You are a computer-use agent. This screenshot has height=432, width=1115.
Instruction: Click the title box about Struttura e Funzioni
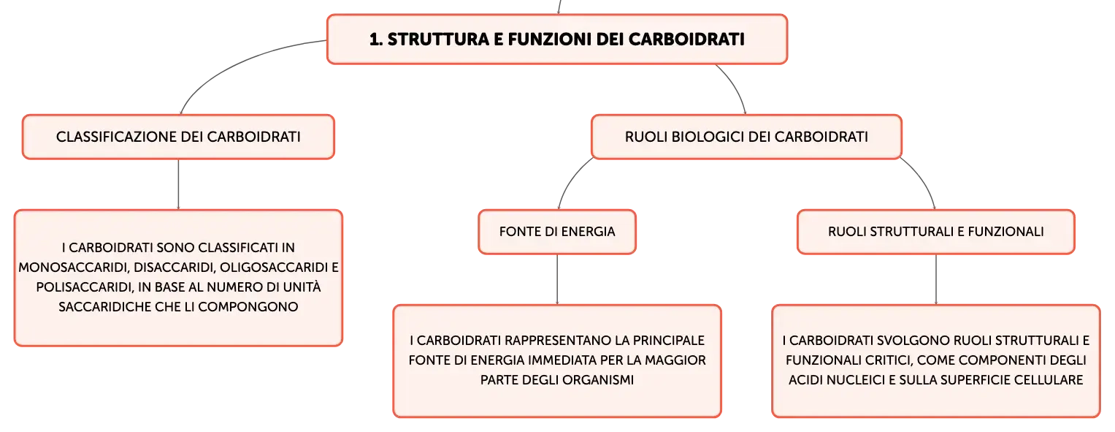point(557,39)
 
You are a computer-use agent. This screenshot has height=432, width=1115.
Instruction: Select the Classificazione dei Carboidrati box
point(178,137)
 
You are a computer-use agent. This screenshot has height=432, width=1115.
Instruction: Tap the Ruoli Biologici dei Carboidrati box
point(746,137)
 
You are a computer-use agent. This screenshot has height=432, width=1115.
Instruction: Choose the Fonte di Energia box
point(557,232)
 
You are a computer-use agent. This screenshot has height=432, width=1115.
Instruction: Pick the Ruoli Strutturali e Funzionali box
point(936,232)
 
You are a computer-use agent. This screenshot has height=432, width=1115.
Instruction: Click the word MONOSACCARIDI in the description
point(74,268)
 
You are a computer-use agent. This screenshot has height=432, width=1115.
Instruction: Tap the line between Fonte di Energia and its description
point(557,279)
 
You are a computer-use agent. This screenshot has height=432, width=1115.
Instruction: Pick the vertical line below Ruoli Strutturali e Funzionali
point(936,279)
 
